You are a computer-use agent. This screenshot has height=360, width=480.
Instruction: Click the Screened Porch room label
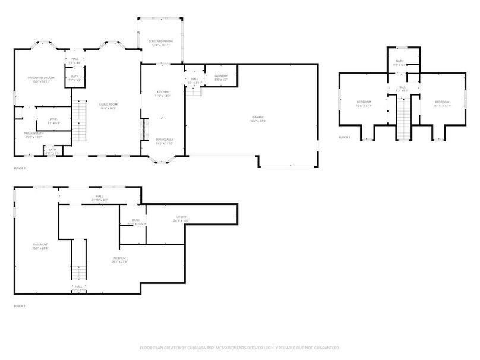160,42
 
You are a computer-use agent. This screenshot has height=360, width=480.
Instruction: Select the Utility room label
182,218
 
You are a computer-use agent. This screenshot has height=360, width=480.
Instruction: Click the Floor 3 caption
345,137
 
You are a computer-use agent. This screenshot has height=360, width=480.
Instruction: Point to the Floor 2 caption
20,168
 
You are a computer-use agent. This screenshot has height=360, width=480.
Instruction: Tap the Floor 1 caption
20,306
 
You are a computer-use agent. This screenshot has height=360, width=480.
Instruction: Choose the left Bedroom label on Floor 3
364,102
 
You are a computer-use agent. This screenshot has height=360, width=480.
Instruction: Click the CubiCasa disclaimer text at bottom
239,348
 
